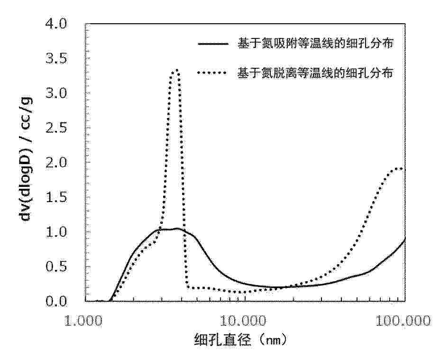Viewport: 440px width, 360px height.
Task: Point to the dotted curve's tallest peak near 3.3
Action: (x=176, y=70)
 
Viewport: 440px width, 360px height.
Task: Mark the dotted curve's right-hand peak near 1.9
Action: (x=401, y=168)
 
